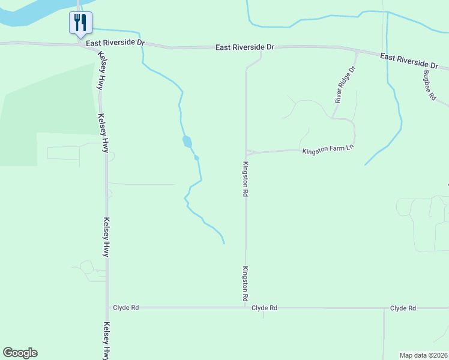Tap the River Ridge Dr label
coord(346,85)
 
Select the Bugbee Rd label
coord(429,86)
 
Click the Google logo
coord(20,353)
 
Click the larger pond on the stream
coord(187,142)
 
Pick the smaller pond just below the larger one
coord(196,158)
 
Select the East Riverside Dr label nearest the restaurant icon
coord(115,43)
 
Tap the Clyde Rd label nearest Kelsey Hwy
coord(126,307)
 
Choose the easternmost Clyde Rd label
coord(403,308)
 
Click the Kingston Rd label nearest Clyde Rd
coord(246,284)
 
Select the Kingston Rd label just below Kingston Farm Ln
coord(246,179)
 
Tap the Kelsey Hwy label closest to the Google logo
coord(107,340)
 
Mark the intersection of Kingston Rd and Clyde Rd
coord(246,307)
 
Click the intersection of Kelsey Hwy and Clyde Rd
coord(107,307)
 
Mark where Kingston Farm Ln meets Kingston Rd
coord(246,152)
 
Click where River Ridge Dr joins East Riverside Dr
coord(357,52)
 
